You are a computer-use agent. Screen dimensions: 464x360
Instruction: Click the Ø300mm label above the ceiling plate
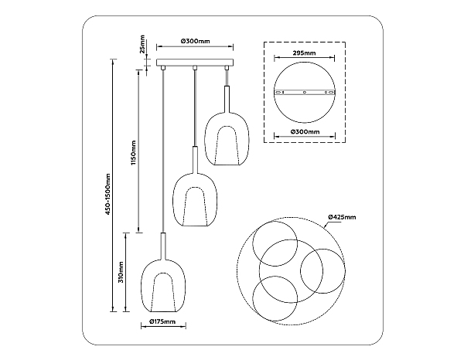195,41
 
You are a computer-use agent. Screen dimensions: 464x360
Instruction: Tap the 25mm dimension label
142,44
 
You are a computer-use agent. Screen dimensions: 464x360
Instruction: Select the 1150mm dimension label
134,153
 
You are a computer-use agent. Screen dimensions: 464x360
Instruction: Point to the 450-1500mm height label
107,194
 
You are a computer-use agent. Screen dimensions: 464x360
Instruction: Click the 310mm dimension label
121,272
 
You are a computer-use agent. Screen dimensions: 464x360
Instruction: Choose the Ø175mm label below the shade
162,321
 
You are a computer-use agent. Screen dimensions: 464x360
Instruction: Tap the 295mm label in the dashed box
304,53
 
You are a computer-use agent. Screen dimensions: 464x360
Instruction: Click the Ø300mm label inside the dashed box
305,131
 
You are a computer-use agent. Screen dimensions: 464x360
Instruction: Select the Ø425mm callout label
342,217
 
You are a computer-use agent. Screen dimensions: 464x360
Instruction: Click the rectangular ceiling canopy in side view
195,63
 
